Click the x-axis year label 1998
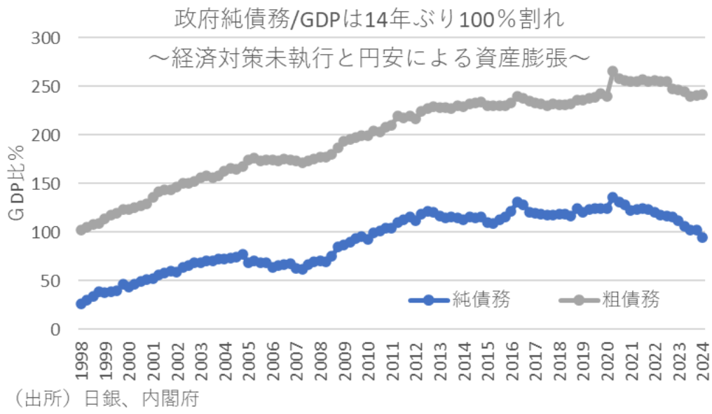[x=81, y=359]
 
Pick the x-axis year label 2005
[x=248, y=359]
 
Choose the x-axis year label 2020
[x=608, y=359]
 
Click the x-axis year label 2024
[x=703, y=359]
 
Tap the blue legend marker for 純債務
[x=428, y=300]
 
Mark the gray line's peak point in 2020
[x=612, y=71]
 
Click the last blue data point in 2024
[x=702, y=237]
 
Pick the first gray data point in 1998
[x=81, y=230]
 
